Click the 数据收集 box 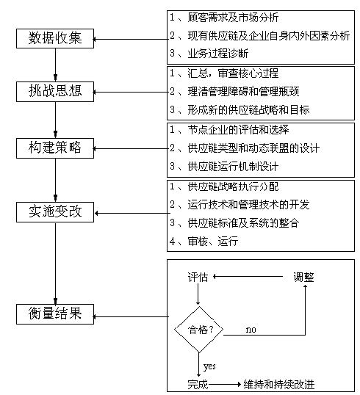55,38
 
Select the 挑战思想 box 55,92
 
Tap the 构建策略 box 55,148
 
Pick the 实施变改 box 55,212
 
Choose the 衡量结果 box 55,314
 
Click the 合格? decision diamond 199,330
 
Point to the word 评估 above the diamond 198,277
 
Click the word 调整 303,277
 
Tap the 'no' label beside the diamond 251,330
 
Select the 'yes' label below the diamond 209,366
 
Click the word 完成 198,385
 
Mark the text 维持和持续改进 279,385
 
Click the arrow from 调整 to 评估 248,277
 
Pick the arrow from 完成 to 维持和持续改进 225,385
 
